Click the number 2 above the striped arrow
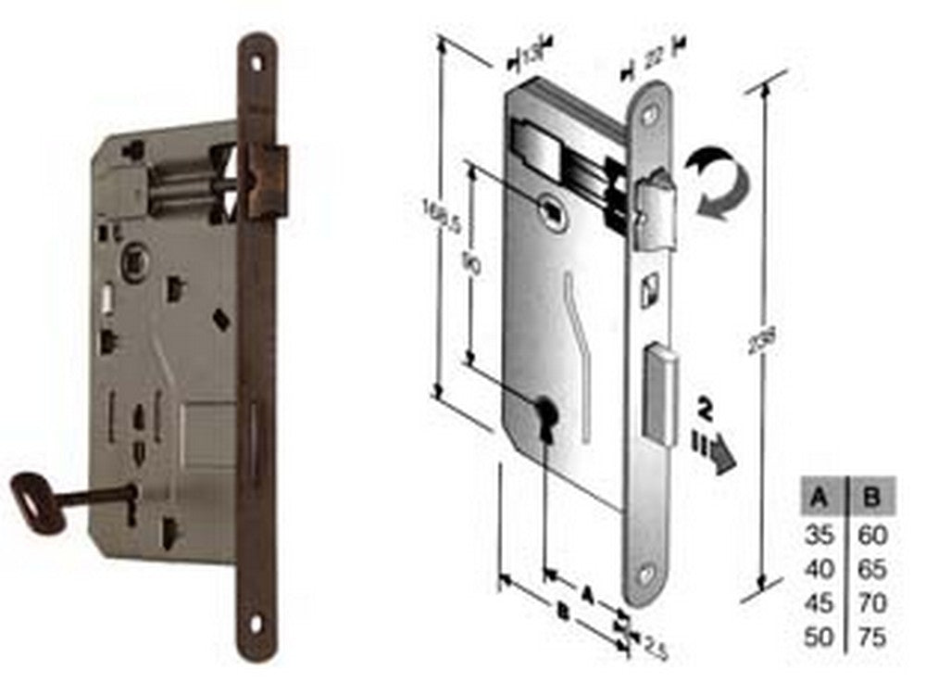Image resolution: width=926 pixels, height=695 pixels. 706,409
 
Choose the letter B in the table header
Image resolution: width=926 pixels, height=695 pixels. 870,501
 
